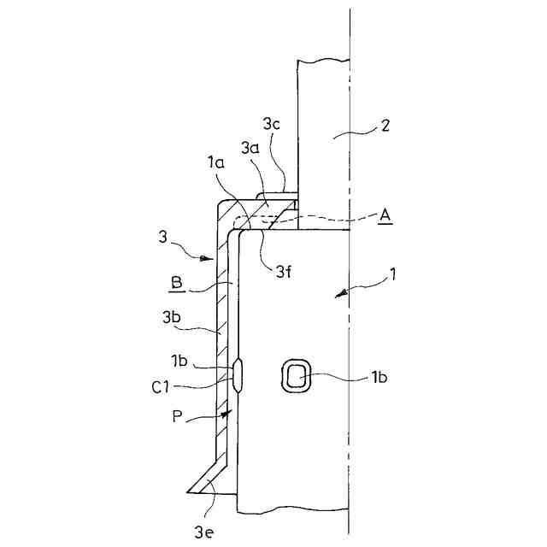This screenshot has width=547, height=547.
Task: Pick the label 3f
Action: point(283,273)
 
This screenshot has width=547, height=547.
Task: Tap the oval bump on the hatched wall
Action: point(238,375)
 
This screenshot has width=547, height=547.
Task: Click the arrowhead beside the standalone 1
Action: point(344,293)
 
